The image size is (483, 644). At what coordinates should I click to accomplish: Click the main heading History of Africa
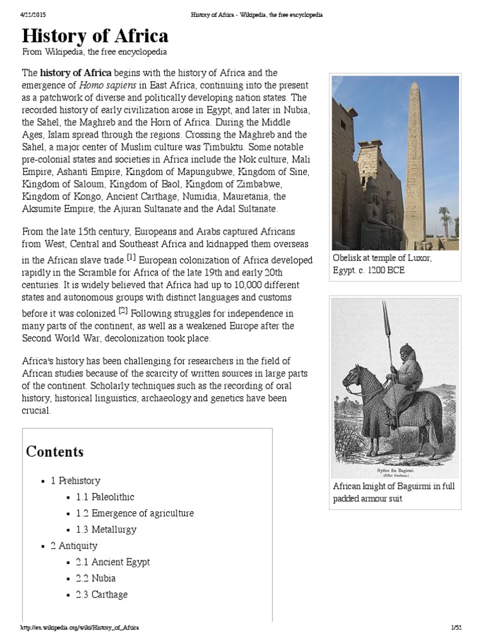point(95,35)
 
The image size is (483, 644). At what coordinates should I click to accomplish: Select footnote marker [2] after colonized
point(123,311)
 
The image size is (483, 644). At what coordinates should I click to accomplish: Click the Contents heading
point(55,452)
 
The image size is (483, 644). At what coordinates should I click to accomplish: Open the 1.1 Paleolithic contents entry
point(105,497)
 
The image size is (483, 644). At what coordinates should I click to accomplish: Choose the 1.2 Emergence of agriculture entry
point(135,513)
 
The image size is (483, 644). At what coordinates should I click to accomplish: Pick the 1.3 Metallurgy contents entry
point(106,530)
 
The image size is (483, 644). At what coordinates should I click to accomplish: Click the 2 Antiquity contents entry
point(74,546)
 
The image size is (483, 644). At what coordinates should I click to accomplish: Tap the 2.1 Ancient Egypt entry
point(113,562)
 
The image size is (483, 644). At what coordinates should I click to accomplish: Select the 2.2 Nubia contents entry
point(96,579)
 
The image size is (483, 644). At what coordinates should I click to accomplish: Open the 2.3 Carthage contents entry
point(101,595)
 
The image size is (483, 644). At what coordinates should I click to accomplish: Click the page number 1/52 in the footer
point(456,628)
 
